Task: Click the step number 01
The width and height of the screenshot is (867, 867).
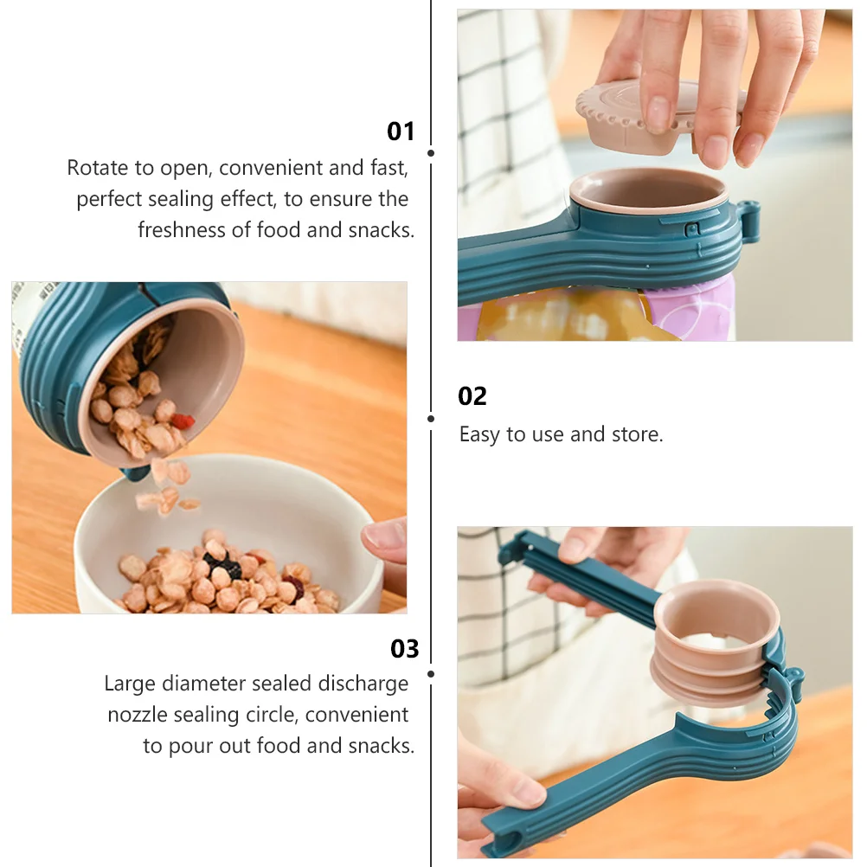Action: [x=401, y=132]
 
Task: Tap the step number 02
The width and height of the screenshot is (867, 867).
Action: [x=472, y=396]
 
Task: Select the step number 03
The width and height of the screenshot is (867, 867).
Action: [x=404, y=649]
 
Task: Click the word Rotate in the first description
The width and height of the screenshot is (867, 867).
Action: [x=97, y=168]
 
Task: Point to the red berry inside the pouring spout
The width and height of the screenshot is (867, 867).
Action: [x=183, y=421]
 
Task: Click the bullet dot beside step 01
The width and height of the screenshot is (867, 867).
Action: [x=431, y=153]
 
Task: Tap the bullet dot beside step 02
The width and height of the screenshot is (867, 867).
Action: [x=431, y=419]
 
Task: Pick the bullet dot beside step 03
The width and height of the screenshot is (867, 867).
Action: [x=431, y=673]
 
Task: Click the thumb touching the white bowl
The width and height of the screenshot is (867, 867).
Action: [x=385, y=540]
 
